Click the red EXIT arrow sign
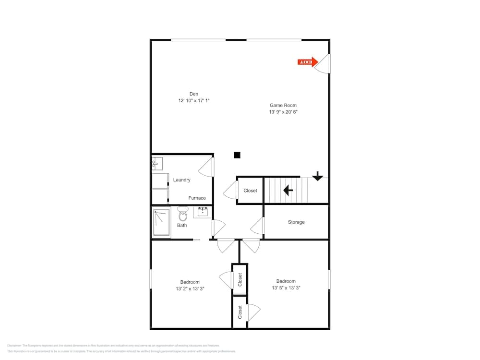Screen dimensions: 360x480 coord(308,62)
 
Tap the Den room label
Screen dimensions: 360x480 coord(194,94)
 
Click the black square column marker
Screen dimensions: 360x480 coord(237,155)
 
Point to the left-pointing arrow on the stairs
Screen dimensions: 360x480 coord(288,191)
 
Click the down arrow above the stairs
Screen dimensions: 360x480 coord(317,176)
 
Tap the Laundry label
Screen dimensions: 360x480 coord(182,180)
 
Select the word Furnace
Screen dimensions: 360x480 coord(197,198)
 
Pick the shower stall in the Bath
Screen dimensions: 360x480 coord(162,223)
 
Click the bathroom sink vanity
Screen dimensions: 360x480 coord(203,212)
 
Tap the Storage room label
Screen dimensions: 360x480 coord(296,222)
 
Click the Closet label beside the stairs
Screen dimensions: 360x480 coord(250,191)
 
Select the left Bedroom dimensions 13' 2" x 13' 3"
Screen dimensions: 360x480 coord(190,289)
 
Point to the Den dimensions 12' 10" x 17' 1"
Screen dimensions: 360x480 coord(194,101)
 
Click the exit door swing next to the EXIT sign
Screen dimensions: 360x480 coord(323,63)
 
